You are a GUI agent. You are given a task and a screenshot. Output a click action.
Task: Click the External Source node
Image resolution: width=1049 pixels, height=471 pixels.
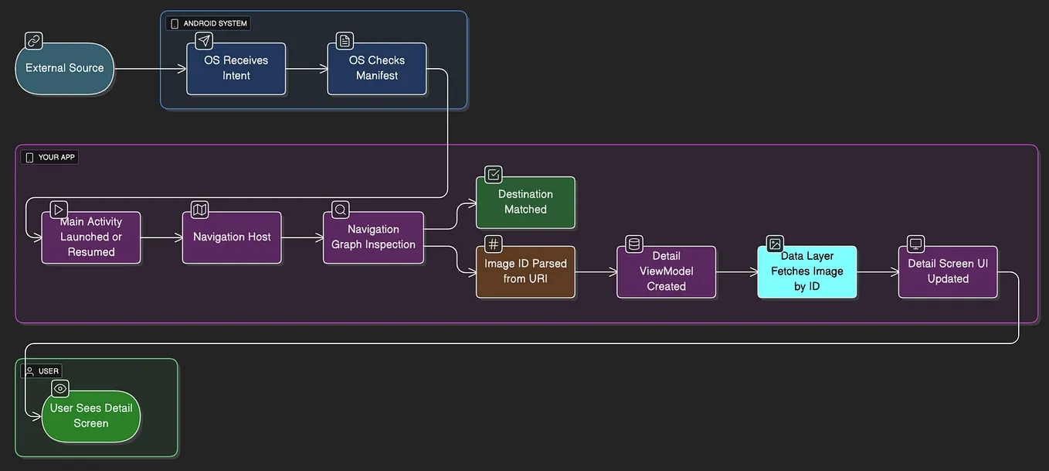click(x=65, y=69)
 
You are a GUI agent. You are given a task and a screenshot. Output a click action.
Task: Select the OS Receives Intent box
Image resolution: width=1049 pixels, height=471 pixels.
click(x=236, y=69)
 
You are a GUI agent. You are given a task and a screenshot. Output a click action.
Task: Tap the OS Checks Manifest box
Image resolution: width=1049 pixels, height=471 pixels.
click(x=377, y=69)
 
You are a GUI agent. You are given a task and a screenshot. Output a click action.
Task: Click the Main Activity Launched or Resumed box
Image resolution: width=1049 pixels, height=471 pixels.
click(x=91, y=237)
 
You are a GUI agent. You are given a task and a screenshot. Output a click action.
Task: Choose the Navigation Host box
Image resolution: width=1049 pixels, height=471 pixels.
click(x=232, y=237)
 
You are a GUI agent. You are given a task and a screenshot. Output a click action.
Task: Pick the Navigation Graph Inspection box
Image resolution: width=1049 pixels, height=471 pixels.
click(x=373, y=237)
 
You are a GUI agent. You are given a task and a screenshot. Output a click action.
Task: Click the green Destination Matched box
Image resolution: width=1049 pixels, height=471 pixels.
click(x=525, y=203)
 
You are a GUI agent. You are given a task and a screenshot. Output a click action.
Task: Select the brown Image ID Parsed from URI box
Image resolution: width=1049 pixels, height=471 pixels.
click(x=525, y=271)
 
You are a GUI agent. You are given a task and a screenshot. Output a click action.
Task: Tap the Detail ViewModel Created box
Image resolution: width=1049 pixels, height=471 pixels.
click(x=666, y=271)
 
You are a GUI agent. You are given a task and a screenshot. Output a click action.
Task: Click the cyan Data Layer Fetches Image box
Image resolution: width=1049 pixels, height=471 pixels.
click(x=806, y=271)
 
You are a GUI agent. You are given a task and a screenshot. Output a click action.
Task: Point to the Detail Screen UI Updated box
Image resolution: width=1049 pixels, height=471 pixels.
click(x=948, y=271)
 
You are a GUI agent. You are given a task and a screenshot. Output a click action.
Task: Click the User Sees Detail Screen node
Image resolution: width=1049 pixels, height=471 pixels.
click(x=91, y=416)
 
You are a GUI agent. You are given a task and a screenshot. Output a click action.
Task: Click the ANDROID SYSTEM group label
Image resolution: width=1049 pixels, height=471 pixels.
click(x=209, y=24)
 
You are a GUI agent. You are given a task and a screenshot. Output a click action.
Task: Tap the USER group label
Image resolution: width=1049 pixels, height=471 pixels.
click(x=42, y=371)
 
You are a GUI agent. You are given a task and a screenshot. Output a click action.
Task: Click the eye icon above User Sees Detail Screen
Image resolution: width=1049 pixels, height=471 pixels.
click(x=60, y=388)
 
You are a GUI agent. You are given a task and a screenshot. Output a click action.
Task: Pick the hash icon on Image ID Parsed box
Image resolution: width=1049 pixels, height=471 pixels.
click(x=494, y=244)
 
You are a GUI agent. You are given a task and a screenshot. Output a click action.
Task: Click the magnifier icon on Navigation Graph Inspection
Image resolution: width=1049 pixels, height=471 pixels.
click(x=340, y=210)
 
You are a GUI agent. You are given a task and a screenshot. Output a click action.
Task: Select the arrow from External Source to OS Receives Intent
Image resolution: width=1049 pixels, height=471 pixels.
click(x=150, y=69)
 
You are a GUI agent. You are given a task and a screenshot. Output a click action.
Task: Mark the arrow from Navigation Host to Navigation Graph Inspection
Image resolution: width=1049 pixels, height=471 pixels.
click(x=302, y=237)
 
